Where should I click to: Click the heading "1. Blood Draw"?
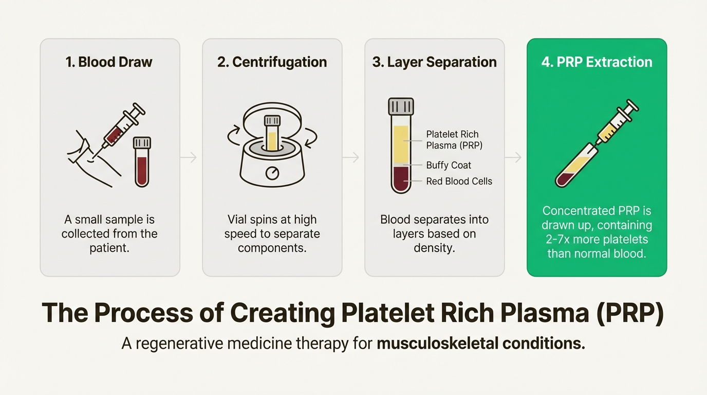[109, 62]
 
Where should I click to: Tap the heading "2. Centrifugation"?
[272, 62]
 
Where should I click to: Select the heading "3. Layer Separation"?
[434, 62]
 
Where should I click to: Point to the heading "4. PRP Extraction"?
[597, 62]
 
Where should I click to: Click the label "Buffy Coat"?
[449, 165]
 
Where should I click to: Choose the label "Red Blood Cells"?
[459, 181]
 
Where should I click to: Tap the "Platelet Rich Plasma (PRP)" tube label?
[454, 139]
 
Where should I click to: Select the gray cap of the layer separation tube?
[401, 106]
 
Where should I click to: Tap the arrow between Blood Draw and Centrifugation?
[191, 157]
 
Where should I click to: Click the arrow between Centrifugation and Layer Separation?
[353, 157]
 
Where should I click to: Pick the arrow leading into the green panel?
[515, 157]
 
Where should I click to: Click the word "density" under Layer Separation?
[433, 247]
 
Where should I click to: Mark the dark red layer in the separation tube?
[401, 179]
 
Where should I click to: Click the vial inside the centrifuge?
[271, 133]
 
